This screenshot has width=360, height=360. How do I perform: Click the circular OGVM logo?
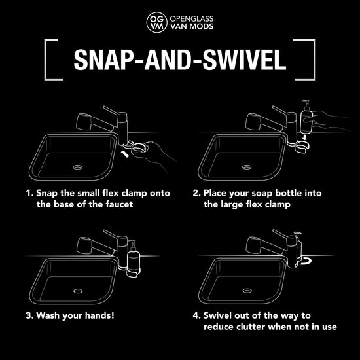[x=157, y=22]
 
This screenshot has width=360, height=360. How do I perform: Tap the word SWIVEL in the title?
[x=244, y=60]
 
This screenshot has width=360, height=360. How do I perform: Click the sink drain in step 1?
[x=78, y=167]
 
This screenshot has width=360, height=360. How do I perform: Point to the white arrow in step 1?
[x=124, y=154]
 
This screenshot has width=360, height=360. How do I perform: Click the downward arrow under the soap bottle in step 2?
[x=304, y=137]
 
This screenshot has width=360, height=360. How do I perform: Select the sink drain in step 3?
[x=78, y=291]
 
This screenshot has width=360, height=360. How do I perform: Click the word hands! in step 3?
[x=99, y=315]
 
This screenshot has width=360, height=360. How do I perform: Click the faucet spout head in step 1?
[x=84, y=121]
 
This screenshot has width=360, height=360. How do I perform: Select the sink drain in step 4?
[x=247, y=291]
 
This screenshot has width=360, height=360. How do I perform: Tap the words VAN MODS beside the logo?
[x=192, y=26]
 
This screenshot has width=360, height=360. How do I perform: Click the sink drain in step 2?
[x=247, y=167]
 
